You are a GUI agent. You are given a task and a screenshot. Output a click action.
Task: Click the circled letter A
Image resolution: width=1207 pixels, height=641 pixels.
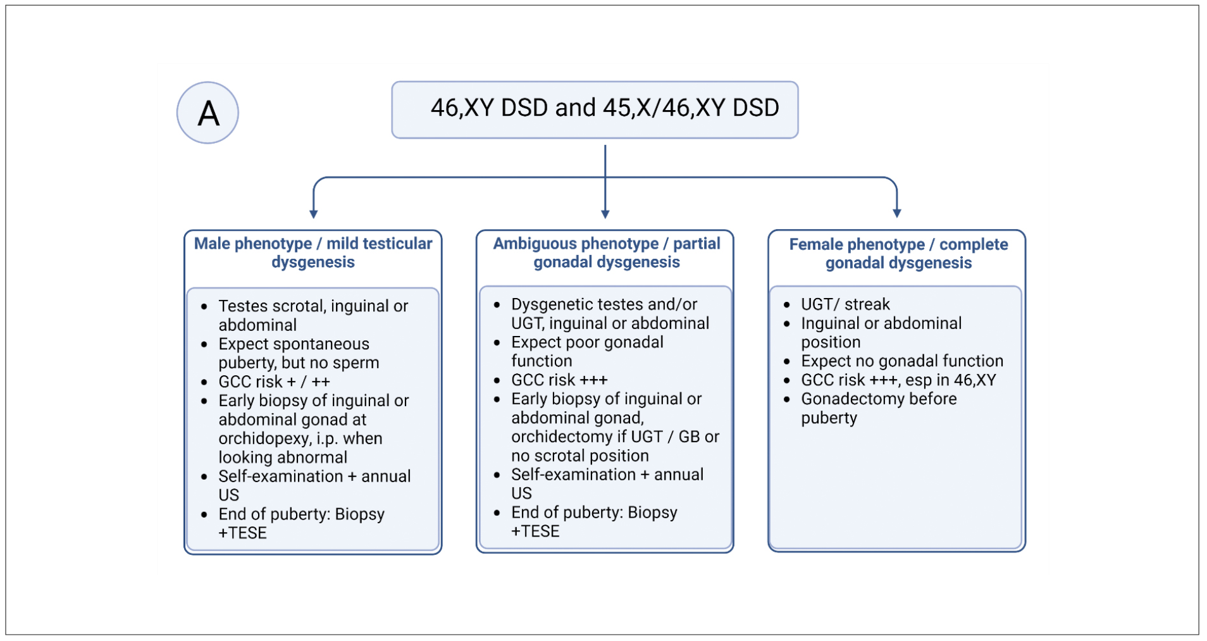click(x=207, y=113)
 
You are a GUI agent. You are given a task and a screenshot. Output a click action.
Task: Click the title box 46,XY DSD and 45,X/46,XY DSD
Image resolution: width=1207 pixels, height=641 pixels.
click(x=595, y=109)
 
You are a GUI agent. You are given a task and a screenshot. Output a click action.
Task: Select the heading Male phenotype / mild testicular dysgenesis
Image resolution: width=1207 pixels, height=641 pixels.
click(x=313, y=252)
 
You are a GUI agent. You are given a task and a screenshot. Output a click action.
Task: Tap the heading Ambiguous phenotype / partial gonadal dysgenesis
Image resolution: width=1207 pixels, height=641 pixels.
click(x=606, y=252)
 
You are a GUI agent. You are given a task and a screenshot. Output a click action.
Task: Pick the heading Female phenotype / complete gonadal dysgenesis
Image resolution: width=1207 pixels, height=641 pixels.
click(x=898, y=253)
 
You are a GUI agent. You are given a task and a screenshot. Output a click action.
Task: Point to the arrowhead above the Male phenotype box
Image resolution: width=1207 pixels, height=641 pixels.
click(x=313, y=214)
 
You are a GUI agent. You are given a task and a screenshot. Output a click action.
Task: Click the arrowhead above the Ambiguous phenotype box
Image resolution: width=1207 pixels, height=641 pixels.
click(x=605, y=214)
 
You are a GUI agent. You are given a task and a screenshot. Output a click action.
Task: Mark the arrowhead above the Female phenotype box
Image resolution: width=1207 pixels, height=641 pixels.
click(x=897, y=214)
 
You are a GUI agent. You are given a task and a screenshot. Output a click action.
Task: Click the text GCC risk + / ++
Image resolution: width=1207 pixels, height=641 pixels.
click(x=274, y=382)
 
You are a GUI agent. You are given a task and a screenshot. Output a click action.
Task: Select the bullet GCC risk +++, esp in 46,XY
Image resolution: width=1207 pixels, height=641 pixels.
click(x=898, y=380)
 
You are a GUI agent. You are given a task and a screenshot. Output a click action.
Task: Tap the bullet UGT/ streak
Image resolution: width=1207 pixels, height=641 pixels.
click(x=845, y=304)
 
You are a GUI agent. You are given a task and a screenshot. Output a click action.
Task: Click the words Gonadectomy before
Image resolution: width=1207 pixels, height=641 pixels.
click(x=879, y=399)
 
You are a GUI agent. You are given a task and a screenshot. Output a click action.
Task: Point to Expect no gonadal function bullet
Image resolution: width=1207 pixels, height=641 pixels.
click(x=902, y=361)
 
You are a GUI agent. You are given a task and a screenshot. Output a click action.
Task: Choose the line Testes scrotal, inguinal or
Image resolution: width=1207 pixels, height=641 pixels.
click(x=313, y=306)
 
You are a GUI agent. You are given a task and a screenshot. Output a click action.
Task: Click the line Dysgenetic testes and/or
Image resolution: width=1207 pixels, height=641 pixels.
click(x=604, y=304)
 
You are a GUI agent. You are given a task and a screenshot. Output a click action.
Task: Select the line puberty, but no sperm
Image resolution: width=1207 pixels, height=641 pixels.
click(x=299, y=363)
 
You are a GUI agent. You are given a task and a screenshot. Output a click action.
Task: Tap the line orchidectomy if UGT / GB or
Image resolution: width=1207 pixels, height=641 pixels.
click(x=615, y=437)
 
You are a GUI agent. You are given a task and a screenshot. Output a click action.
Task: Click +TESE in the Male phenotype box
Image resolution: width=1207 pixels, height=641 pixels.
click(x=242, y=533)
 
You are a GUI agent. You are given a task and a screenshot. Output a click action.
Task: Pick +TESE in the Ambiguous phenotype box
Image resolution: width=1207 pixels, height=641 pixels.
click(x=535, y=531)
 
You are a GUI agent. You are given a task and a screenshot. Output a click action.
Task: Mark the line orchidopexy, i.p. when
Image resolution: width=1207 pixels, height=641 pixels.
click(x=300, y=439)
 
